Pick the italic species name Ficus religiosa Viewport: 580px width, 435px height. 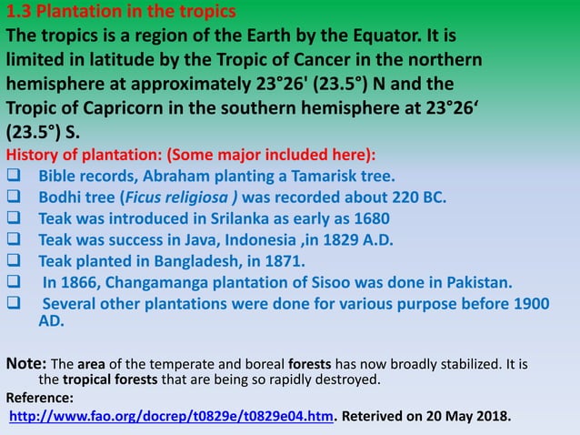coord(187,197)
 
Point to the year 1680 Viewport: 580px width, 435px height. coord(372,218)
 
